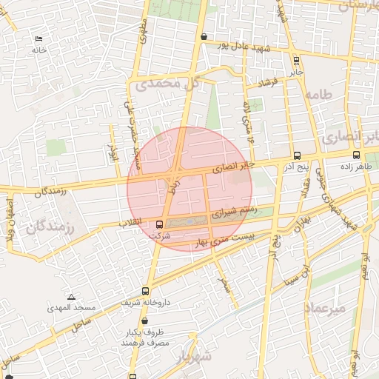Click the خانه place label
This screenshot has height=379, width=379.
38,50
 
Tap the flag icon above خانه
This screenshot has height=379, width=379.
38,39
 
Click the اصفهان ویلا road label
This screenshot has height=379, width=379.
10,215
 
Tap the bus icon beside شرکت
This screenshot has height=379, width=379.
159,224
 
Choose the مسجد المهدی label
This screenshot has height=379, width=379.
72,306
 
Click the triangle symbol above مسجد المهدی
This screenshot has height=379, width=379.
71,296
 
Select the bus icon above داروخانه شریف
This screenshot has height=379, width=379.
144,292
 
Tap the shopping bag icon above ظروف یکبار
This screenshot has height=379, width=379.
144,322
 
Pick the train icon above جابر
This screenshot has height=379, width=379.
296,61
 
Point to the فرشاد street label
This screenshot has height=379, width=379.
264,82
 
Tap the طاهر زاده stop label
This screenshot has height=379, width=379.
355,167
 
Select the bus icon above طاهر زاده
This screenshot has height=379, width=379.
357,155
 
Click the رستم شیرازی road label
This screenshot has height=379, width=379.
235,212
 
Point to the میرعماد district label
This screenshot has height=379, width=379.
324,307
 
